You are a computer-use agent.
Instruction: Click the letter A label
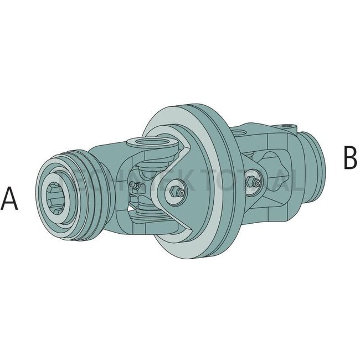coord(10,199)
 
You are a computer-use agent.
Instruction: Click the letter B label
coord(349,158)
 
